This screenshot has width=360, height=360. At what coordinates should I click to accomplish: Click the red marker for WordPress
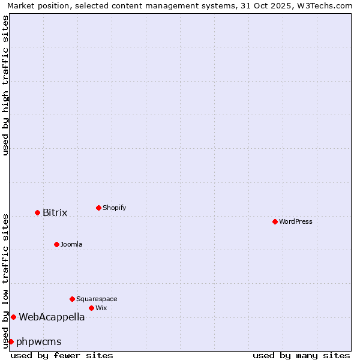point(275,221)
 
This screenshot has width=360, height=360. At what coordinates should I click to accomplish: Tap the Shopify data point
point(98,208)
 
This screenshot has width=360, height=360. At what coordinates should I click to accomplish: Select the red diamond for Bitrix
point(37,212)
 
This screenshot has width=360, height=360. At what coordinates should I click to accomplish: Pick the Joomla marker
point(56,244)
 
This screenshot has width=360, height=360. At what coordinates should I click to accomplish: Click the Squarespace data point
point(72,299)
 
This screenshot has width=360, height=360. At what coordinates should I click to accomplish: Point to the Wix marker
point(91,308)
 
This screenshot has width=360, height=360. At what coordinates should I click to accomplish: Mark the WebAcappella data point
point(13,317)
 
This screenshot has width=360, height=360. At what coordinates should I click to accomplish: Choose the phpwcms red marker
point(11,341)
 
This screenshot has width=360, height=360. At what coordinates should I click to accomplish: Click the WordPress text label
point(296,221)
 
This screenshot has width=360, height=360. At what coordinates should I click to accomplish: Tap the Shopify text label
point(114,208)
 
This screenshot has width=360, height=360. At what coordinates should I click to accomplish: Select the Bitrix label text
point(55,212)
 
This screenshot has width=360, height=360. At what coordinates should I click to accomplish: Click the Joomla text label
point(71,244)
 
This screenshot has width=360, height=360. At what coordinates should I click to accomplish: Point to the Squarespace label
point(97,299)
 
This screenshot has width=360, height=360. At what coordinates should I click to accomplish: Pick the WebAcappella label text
point(52,317)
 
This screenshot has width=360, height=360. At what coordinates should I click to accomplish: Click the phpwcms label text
point(39,341)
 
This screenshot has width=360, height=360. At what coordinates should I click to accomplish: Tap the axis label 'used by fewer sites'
point(62,355)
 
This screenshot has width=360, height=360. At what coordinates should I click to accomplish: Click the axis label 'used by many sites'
point(301,355)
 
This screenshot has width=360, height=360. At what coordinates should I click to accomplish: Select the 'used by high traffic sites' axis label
point(5,85)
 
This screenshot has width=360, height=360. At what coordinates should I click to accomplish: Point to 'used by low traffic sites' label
point(5,280)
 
